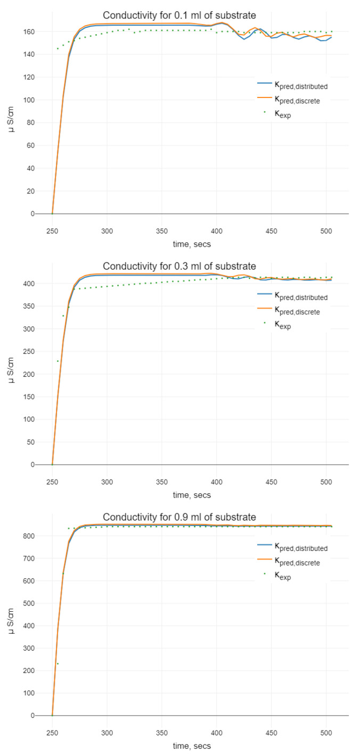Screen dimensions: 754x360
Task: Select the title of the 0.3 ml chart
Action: (x=179, y=266)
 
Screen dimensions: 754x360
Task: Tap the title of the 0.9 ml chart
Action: (x=179, y=517)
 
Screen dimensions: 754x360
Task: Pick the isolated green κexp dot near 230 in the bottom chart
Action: (x=58, y=663)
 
